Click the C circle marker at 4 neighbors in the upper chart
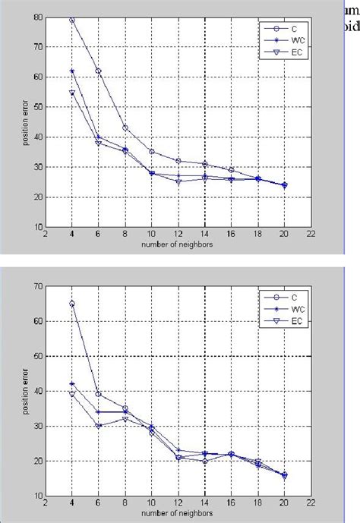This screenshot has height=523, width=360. tap(72, 20)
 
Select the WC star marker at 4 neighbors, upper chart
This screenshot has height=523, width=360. tap(72, 71)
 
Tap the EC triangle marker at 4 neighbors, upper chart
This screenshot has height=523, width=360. tap(72, 93)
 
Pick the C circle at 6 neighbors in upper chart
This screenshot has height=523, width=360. tap(99, 71)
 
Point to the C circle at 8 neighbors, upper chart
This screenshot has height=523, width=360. tap(125, 128)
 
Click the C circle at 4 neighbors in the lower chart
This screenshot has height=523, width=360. tap(72, 303)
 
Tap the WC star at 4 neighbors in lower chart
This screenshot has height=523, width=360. tap(72, 384)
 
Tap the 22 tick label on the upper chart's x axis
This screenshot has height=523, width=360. tap(311, 235)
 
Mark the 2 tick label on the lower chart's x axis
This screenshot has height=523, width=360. tap(46, 503)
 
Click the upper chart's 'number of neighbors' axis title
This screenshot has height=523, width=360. tap(178, 244)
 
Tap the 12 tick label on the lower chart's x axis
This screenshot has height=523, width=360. tap(178, 503)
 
